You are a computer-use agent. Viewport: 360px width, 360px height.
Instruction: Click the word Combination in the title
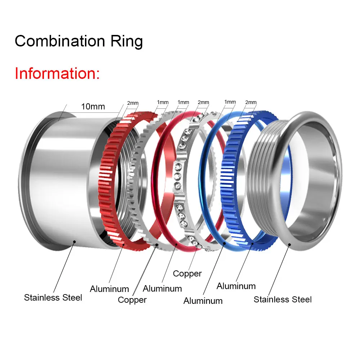pos(60,41)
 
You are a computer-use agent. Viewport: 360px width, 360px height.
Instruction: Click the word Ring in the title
pos(127,41)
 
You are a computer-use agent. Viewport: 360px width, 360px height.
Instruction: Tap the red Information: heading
pos(57,73)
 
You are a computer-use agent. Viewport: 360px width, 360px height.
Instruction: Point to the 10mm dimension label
pos(93,107)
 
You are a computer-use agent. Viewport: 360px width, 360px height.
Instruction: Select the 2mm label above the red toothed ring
pos(133,103)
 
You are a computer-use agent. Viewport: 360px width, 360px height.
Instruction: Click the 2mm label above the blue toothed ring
pos(251,102)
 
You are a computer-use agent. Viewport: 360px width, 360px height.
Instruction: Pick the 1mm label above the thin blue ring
pos(230,102)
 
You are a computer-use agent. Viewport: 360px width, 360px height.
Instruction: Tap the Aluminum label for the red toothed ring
pos(109,289)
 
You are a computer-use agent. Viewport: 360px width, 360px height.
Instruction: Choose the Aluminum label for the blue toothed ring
pos(236,286)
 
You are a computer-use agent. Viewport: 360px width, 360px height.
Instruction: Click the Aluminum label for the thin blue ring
pos(203,301)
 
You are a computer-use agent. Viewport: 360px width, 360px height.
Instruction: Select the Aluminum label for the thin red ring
pos(162,289)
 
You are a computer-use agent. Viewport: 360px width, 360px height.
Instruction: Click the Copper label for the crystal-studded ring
pos(187,274)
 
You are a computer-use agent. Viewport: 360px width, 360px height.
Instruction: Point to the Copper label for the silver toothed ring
pos(132,300)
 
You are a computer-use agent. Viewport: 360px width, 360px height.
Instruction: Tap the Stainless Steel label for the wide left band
pos(53,298)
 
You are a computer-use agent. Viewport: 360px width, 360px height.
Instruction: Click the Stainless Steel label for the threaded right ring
pos(283,300)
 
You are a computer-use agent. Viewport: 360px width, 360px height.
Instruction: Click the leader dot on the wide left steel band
pos(74,242)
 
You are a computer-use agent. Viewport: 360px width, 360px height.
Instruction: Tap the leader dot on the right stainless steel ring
pos(289,244)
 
